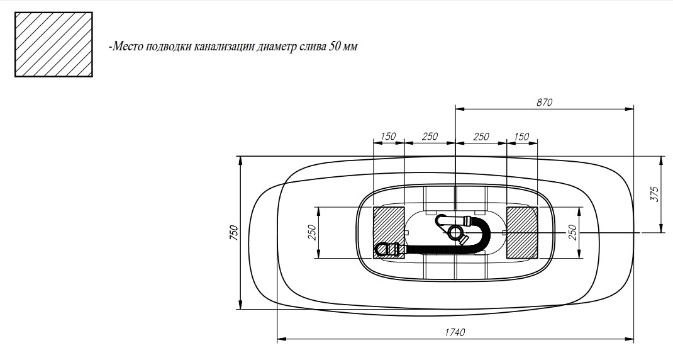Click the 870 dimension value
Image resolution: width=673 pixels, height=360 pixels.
pos(544,102)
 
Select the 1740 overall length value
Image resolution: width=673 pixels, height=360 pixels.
pos(455,332)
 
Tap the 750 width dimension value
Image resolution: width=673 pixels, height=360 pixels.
pos(233,232)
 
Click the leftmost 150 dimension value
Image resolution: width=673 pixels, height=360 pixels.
pos(388,137)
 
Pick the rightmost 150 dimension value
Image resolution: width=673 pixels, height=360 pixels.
pos(521,137)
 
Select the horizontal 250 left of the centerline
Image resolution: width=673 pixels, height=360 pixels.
pos(430,137)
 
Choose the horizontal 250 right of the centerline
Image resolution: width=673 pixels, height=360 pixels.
pos(481,137)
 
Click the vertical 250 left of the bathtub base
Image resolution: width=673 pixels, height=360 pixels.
pos(312,232)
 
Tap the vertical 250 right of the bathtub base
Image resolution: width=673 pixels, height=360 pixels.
pos(572,232)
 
